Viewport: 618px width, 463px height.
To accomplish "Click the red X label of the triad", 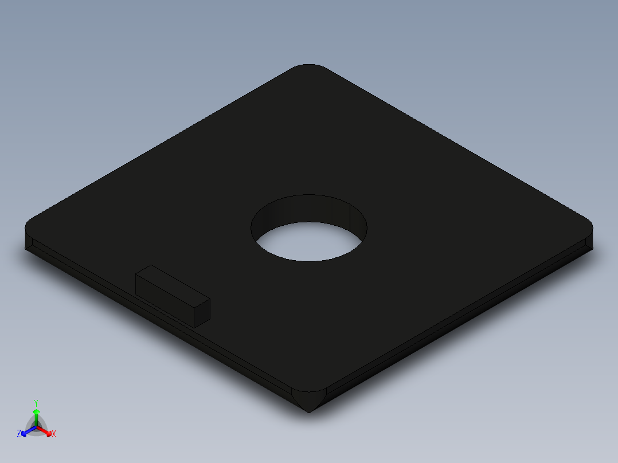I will pyautogui.click(x=54, y=434).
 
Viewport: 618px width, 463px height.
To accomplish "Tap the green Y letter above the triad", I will pyautogui.click(x=36, y=403).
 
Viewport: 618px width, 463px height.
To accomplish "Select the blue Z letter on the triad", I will pyautogui.click(x=19, y=434).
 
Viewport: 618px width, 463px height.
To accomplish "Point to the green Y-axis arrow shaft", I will pyautogui.click(x=36, y=417).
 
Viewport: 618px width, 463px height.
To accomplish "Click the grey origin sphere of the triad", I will pyautogui.click(x=36, y=427).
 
